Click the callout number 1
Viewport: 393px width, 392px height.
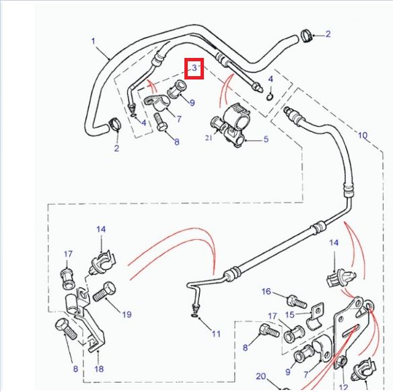point(93,42)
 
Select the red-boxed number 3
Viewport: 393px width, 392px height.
point(194,68)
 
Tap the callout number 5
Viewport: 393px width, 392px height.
point(266,139)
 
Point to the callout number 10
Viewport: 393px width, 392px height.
point(363,135)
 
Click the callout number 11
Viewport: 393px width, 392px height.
point(215,333)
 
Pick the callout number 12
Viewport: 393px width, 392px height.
point(344,387)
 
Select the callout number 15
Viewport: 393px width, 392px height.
point(289,315)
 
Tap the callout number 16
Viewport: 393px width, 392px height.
point(266,292)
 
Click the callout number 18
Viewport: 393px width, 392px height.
point(99,369)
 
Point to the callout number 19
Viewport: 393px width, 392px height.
point(127,314)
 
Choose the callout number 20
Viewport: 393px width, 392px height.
point(262,377)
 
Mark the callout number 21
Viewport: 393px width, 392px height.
point(209,138)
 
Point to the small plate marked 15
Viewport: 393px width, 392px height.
point(314,317)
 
